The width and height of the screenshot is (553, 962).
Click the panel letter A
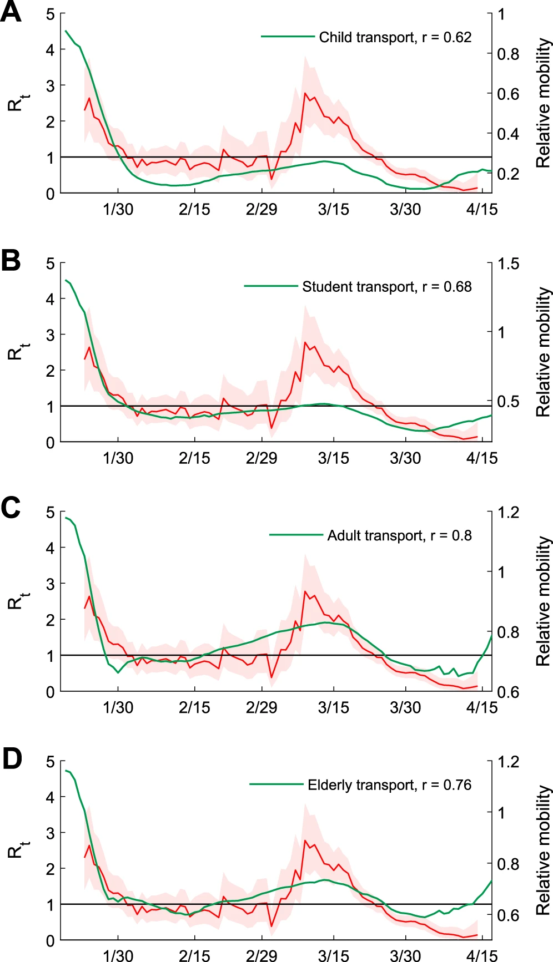coord(11,12)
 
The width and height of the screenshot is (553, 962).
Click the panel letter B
coord(11,261)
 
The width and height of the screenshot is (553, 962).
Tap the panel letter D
coord(12,758)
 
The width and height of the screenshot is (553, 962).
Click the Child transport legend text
coord(395,37)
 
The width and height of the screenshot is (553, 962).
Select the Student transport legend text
coord(386,287)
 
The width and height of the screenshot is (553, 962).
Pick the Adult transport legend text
coord(399,535)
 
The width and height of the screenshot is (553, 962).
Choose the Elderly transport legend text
coord(389,785)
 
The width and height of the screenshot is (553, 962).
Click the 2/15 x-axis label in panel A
coord(194,210)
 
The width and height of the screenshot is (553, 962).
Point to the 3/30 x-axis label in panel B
coord(405,458)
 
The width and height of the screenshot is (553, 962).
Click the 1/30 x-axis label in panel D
coord(118,955)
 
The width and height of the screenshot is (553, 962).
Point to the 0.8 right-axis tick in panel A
coord(508,54)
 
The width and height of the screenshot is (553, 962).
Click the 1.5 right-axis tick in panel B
coord(508,264)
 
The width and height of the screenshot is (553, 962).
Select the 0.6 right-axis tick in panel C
coord(508,692)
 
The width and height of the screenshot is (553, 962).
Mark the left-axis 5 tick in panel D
coord(51,762)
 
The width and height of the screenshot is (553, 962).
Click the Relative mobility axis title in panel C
coord(543,601)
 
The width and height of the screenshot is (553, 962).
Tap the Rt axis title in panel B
coord(18,352)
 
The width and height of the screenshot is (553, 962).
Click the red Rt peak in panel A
coord(305,93)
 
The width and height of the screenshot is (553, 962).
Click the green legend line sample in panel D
coord(276,784)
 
